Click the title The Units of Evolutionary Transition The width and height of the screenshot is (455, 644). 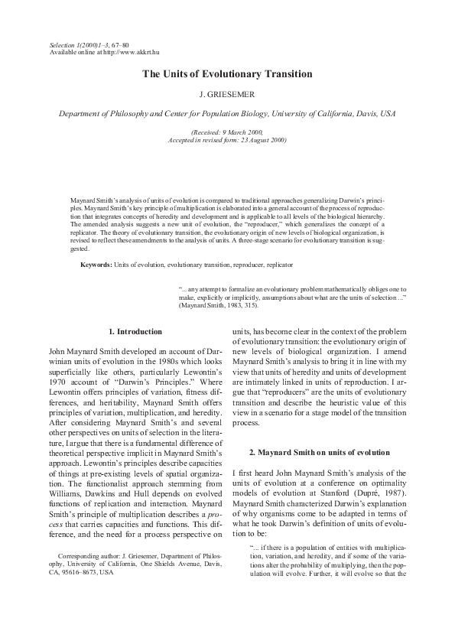click(x=227, y=74)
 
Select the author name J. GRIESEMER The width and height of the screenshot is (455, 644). click(x=227, y=96)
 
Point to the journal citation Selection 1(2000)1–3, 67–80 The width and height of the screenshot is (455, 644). click(x=89, y=44)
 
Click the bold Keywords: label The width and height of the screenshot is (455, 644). click(x=96, y=265)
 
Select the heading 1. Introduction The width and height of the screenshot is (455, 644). click(x=135, y=331)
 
